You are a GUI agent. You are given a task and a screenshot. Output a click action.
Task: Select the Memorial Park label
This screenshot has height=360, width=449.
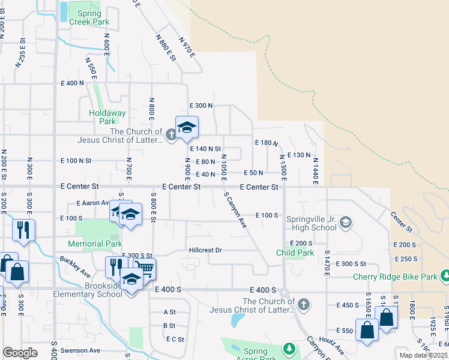[x=95, y=244]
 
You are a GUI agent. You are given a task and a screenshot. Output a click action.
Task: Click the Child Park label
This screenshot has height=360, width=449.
[x=295, y=253]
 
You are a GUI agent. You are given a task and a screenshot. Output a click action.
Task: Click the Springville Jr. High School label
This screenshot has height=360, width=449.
[x=311, y=223]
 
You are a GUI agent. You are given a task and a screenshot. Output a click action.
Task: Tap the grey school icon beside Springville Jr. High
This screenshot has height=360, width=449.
[x=346, y=223]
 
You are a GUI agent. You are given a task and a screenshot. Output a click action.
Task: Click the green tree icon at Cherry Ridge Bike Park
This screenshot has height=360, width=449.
[x=445, y=276]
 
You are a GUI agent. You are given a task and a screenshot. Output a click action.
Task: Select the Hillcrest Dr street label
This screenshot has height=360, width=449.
[x=205, y=250]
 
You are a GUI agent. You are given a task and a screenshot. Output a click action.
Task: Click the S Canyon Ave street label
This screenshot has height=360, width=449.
[x=235, y=210]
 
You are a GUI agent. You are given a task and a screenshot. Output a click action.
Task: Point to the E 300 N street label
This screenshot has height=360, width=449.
[x=201, y=106]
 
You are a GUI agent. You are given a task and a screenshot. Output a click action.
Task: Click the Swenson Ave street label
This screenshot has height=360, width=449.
[x=80, y=350]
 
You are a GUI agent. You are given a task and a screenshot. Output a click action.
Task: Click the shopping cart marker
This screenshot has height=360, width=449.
[x=144, y=269]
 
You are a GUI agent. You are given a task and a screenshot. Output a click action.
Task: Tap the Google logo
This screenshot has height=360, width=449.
[x=20, y=353]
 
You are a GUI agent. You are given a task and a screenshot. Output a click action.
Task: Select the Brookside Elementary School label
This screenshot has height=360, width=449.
[x=95, y=290]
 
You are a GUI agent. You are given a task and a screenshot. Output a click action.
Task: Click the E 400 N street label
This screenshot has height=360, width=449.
[x=72, y=83]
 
